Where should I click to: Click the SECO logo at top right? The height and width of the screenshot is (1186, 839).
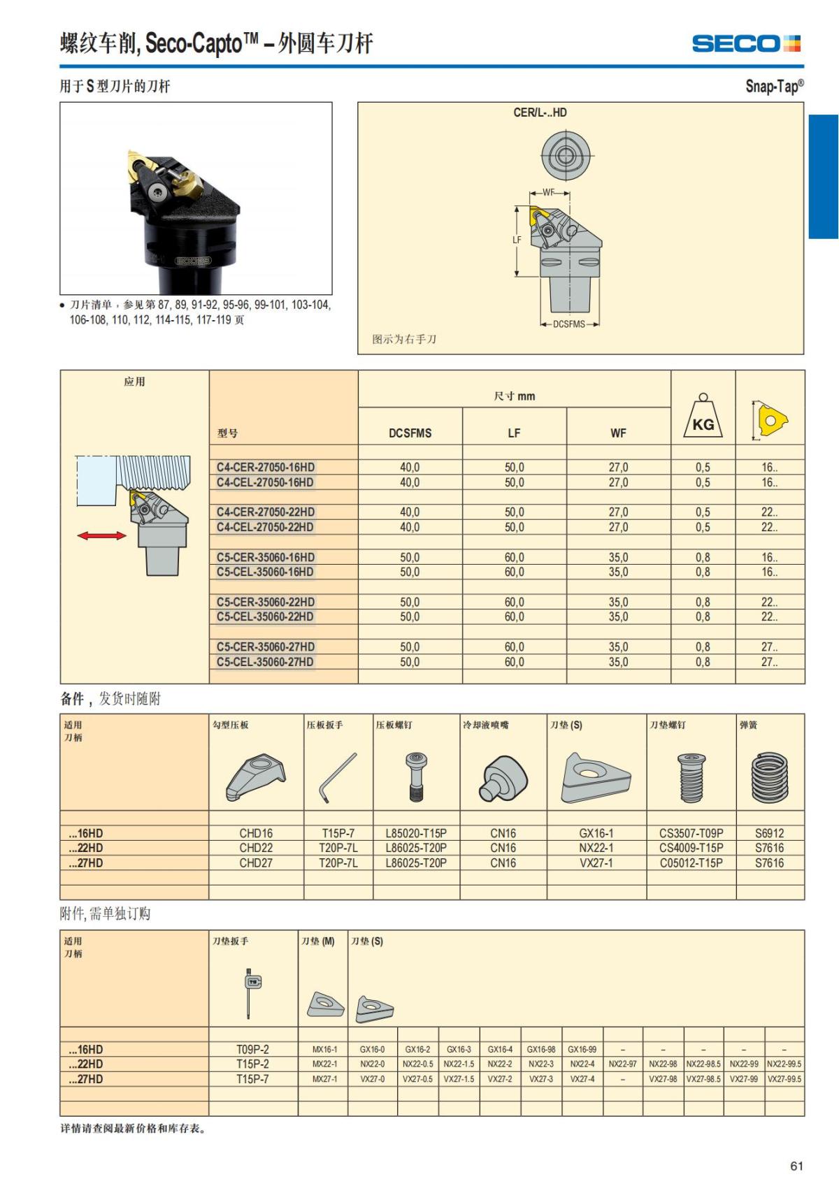(x=745, y=44)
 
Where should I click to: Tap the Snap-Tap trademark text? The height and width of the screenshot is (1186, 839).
(x=774, y=86)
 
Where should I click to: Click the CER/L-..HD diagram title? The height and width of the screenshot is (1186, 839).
(x=540, y=113)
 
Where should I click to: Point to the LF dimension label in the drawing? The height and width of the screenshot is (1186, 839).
(x=517, y=240)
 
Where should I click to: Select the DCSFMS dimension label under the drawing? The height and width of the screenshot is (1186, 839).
(x=569, y=324)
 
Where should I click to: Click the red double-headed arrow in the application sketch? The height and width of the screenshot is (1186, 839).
(x=101, y=536)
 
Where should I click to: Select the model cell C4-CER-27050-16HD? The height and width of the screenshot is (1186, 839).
(x=266, y=467)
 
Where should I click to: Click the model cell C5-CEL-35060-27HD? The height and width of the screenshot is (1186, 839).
(x=265, y=662)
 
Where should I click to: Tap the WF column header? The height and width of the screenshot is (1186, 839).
(x=618, y=433)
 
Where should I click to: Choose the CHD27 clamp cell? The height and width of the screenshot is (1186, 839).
(x=256, y=863)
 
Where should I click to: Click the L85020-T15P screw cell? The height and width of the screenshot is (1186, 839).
(x=416, y=833)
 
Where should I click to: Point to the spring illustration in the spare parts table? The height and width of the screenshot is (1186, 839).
(x=769, y=777)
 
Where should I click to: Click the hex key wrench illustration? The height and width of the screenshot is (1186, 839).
(x=338, y=777)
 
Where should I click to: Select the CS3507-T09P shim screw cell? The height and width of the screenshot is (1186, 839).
(x=691, y=833)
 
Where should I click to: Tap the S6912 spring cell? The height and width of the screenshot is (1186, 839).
(x=769, y=833)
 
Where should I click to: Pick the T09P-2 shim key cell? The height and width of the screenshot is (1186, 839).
(x=252, y=1049)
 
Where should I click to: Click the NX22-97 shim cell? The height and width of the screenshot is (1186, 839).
(x=622, y=1064)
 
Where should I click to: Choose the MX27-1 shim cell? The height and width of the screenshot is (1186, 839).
(x=324, y=1079)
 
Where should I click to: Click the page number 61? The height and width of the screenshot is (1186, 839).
(x=796, y=1166)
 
